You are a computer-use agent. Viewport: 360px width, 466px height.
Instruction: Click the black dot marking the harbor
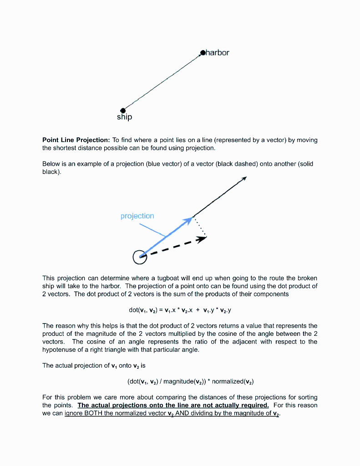tap(203, 53)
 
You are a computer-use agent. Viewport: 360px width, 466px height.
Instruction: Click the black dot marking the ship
tap(122, 110)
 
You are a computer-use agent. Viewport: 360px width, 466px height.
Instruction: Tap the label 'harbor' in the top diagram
tap(218, 53)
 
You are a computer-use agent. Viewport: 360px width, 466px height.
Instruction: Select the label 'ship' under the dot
tap(124, 117)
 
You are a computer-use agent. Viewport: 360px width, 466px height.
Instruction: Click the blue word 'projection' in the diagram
tap(137, 216)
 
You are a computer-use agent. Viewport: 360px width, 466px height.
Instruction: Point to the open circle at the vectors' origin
tap(140, 257)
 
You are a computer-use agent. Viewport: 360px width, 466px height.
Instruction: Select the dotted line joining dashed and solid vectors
tap(201, 227)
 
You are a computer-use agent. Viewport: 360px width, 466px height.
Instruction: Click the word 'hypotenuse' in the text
tap(60, 350)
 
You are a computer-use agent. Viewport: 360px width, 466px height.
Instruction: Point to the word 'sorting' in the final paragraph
tap(306, 397)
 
